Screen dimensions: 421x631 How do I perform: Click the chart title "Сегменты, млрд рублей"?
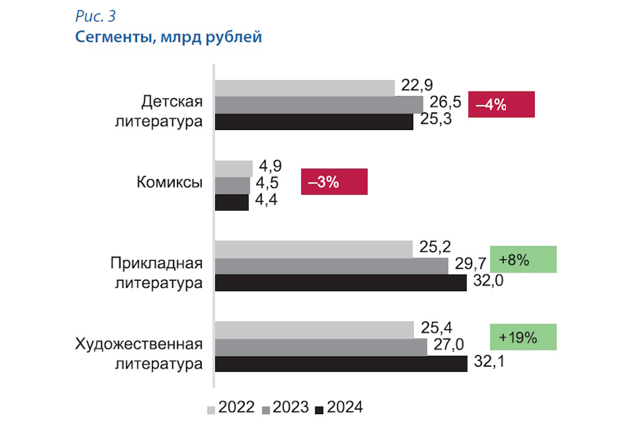(168, 37)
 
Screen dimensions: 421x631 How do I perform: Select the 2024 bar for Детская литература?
(314, 121)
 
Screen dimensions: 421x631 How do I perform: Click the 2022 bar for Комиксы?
(234, 169)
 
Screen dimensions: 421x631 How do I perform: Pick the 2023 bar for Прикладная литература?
(332, 266)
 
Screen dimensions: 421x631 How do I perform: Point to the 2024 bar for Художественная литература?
(341, 364)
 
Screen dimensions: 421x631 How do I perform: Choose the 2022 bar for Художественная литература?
(315, 329)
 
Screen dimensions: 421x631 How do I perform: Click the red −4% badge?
(501, 105)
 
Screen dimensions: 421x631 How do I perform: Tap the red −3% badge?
(334, 182)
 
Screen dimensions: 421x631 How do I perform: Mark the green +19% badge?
(523, 337)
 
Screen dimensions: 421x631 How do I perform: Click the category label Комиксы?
(170, 183)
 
